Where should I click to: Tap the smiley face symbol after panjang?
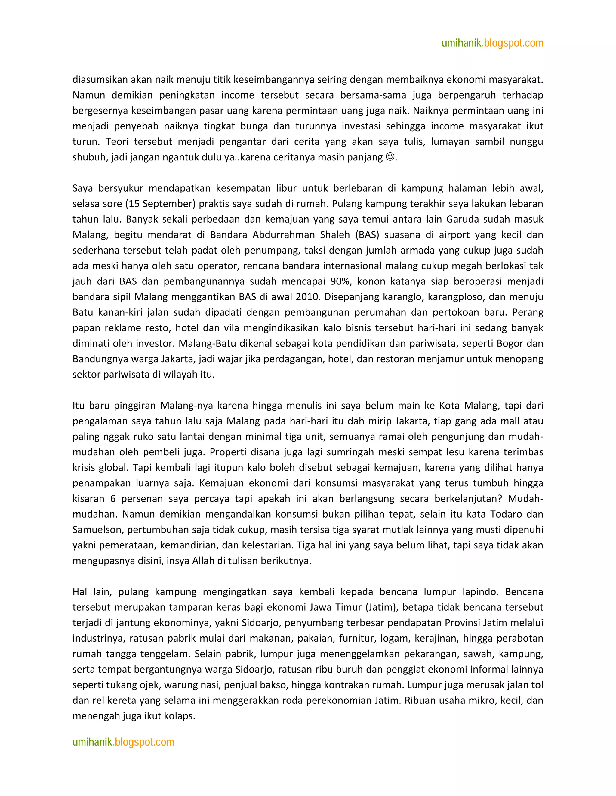pos(390,157)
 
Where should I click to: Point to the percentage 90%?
pos(340,281)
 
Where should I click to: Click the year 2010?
pos(307,297)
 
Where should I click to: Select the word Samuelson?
pos(97,530)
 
